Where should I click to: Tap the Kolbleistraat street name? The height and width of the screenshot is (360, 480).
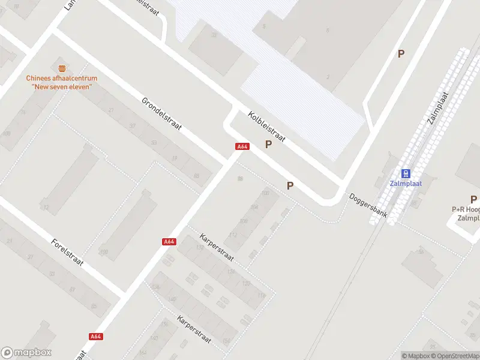click(x=267, y=126)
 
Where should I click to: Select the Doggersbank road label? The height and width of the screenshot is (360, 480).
click(x=369, y=205)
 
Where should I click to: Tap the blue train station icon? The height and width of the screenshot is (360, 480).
click(x=406, y=173)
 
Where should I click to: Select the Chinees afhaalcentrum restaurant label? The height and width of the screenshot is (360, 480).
click(x=61, y=82)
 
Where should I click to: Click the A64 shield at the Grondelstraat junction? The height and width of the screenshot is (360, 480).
click(x=242, y=146)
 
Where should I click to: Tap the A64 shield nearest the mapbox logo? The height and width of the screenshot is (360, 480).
click(x=95, y=337)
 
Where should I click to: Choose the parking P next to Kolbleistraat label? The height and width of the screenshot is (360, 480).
click(x=268, y=145)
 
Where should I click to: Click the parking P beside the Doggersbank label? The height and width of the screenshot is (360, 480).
click(x=290, y=186)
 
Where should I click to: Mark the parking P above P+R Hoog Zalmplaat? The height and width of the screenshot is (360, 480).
click(x=473, y=199)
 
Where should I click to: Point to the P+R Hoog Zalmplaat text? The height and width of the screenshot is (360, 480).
click(x=466, y=214)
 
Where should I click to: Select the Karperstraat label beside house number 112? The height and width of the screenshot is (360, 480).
click(x=217, y=251)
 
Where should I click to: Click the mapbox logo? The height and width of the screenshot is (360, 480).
click(x=26, y=353)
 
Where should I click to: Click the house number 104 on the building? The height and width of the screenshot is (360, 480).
click(x=254, y=207)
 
